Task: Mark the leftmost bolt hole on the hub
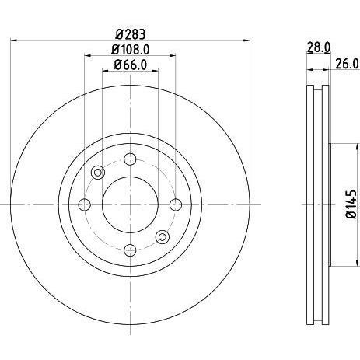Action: tap(85, 204)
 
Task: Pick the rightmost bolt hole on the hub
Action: tap(175, 204)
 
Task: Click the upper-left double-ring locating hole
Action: tap(98, 173)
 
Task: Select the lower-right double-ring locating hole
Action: tap(162, 236)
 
